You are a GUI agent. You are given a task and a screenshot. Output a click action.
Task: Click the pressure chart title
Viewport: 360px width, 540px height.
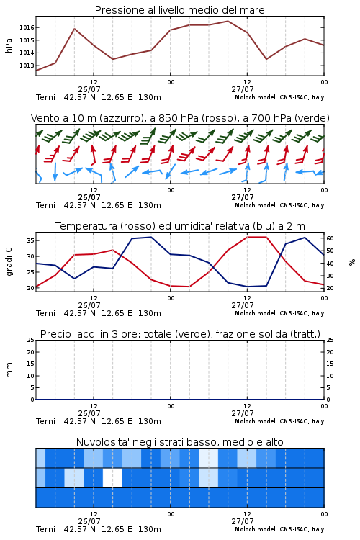pos(180,10)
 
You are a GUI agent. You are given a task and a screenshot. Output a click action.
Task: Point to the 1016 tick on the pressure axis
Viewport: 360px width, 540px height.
pos(27,27)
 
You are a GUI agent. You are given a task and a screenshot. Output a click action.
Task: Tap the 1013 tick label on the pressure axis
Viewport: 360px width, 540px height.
pos(27,66)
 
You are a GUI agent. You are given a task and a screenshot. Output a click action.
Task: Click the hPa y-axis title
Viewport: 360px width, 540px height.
pos(9,45)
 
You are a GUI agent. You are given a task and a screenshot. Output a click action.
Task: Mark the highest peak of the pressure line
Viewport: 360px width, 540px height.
pos(228,21)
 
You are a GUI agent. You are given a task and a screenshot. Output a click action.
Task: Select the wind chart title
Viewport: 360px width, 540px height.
pos(180,118)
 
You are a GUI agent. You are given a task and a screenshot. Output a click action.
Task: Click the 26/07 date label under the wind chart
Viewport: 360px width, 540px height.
pos(89,198)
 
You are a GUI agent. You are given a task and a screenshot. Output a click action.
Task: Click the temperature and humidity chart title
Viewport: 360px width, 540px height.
pos(180,226)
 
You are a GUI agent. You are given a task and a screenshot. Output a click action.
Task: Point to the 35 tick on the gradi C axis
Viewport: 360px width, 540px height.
pos(31,240)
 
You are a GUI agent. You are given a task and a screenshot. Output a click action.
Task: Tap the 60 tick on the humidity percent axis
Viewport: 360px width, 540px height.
pos(330,238)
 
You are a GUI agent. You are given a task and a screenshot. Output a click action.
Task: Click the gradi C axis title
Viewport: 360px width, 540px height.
pos(9,261)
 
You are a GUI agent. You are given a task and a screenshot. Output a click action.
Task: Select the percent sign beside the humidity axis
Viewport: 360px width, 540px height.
pos(352,262)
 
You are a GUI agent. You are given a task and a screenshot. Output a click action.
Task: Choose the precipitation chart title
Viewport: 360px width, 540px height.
pos(180,334)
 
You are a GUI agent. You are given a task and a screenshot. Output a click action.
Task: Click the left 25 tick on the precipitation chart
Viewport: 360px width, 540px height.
pos(31,340)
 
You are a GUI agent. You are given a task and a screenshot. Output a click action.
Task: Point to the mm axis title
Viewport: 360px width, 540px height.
pos(9,370)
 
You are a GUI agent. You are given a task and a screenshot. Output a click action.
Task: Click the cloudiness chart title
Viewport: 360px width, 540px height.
pos(180,442)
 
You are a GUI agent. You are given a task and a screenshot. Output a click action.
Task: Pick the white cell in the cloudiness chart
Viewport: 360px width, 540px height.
pos(112,477)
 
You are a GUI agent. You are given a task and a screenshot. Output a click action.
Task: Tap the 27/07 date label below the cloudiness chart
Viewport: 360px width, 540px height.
pos(243,522)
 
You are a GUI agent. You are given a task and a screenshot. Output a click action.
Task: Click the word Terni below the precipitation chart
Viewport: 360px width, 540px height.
pos(45,421)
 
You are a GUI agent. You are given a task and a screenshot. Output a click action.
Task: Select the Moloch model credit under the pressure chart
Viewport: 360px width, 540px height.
pos(279,97)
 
